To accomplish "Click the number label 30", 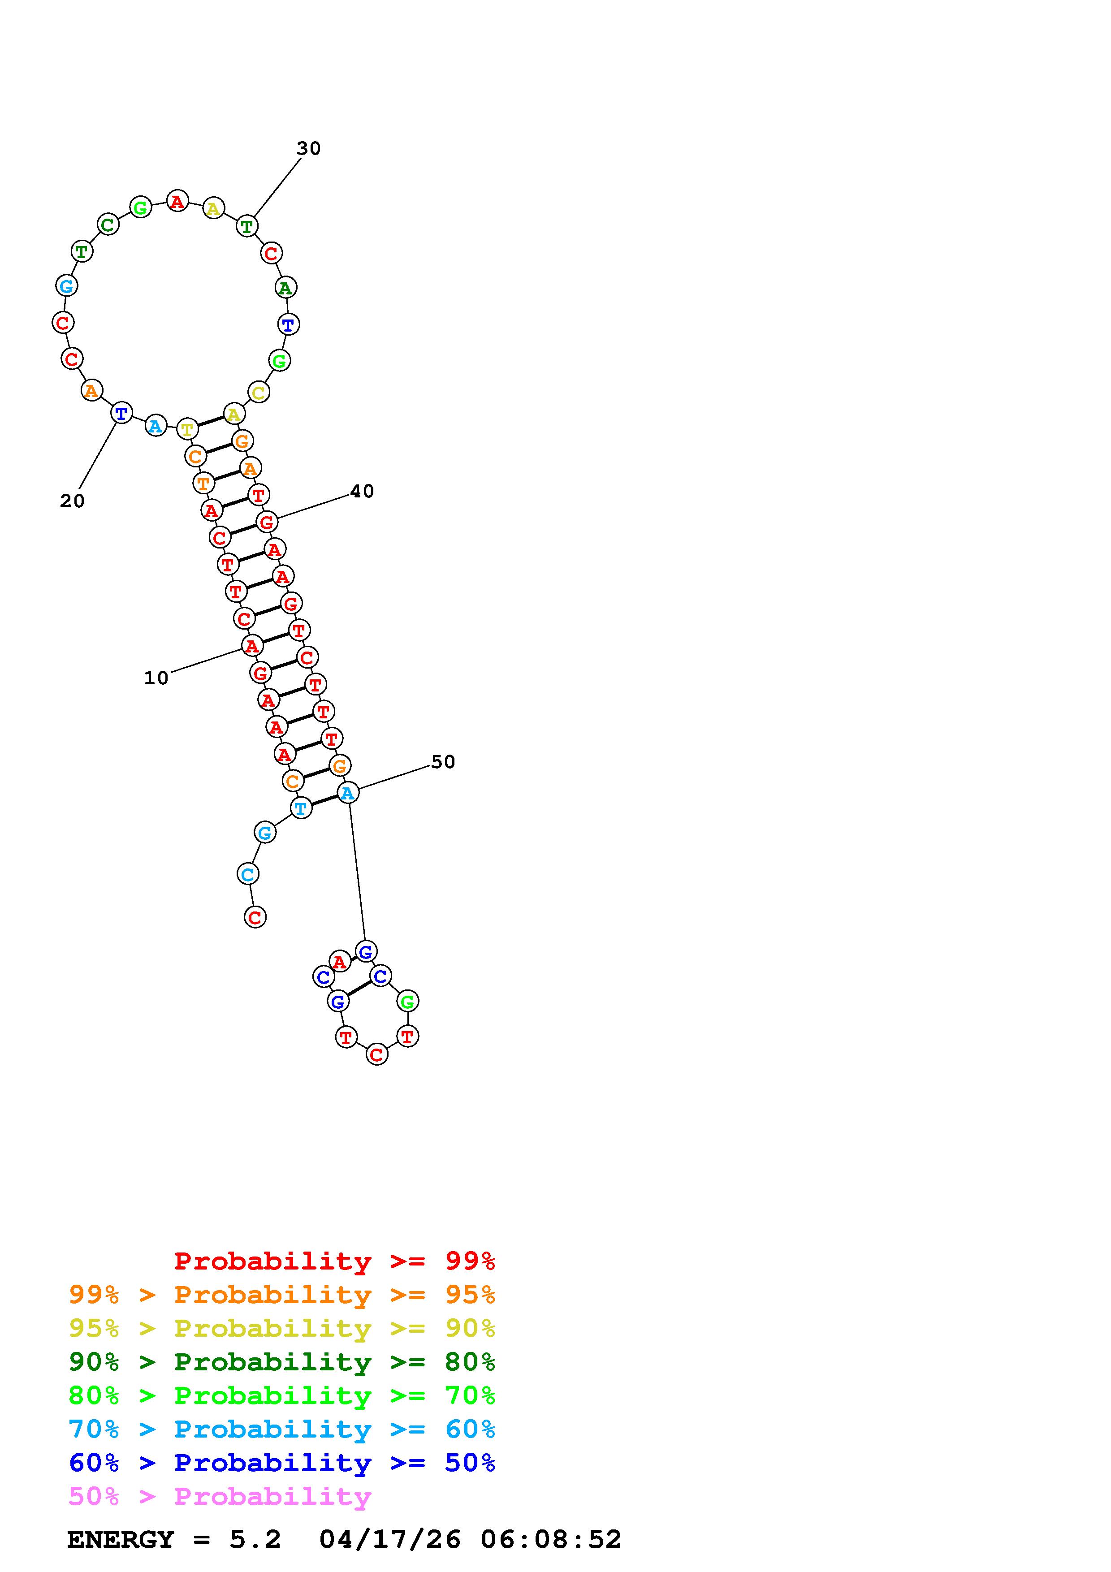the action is pyautogui.click(x=309, y=149).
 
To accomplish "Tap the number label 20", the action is pyautogui.click(x=72, y=501).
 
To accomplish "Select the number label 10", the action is pyautogui.click(x=156, y=678).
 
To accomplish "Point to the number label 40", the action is pyautogui.click(x=362, y=491).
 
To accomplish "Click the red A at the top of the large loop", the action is pyautogui.click(x=177, y=201).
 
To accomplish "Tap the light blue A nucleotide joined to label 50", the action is pyautogui.click(x=348, y=793).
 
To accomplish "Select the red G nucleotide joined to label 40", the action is pyautogui.click(x=266, y=522).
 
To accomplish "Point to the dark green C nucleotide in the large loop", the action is pyautogui.click(x=108, y=224).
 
